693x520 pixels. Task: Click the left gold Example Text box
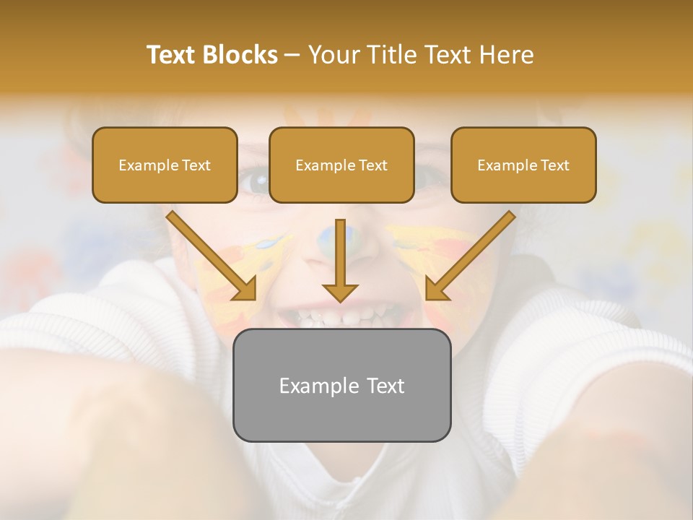coord(165,165)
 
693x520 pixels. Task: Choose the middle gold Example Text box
coord(341,165)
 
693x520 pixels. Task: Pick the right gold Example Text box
coord(523,165)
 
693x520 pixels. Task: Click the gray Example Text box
coord(341,385)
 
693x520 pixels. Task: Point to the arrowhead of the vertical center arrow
coord(340,292)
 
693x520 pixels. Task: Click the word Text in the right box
coord(554,165)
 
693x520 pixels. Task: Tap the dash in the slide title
coord(292,56)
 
